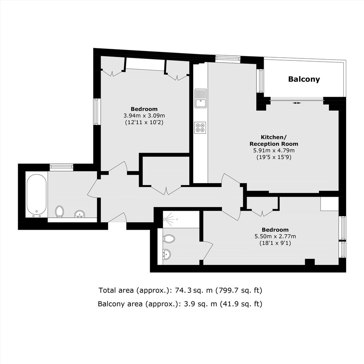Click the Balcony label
coord(304,79)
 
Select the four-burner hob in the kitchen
coord(200,128)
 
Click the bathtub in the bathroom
coord(36,194)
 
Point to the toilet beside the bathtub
coord(59,211)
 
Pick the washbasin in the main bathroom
coord(80,214)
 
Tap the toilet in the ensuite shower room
coord(169,239)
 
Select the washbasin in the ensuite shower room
coord(167,254)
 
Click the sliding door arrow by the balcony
coord(297,103)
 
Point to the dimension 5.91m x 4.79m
coord(274,150)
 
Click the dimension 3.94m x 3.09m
coord(144,116)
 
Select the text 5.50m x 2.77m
coord(275,237)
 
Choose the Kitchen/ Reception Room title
coord(274,141)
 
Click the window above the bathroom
coord(62,167)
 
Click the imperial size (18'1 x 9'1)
coord(275,243)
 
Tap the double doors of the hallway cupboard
coord(166,189)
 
